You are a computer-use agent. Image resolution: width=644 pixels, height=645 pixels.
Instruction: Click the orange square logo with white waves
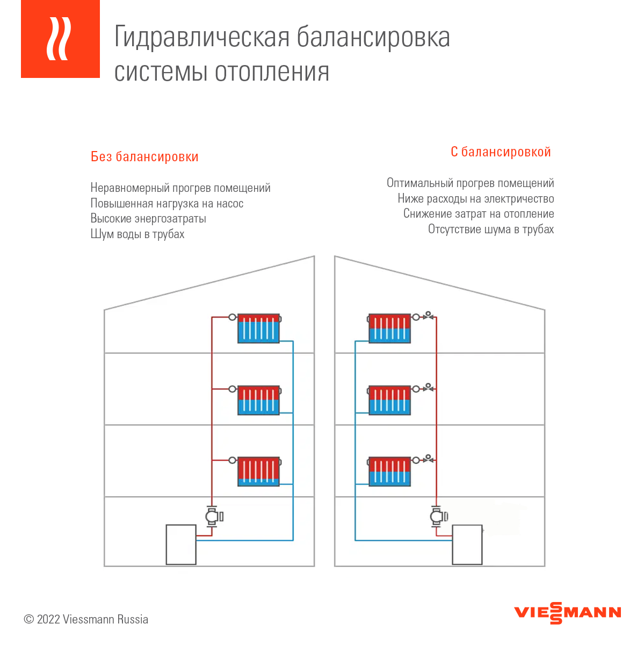tap(60, 39)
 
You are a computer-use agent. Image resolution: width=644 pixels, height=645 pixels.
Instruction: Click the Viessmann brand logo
tap(567, 613)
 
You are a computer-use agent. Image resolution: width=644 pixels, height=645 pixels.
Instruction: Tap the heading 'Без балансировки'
tap(144, 156)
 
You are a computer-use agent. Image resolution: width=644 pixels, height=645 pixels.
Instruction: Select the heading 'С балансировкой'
tap(501, 152)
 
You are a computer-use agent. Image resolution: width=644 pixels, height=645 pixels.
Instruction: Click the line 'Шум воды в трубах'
tap(138, 234)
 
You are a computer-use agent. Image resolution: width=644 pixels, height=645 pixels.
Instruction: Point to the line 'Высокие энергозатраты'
tap(148, 219)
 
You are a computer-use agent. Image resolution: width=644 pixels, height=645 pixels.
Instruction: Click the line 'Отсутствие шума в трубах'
tap(491, 230)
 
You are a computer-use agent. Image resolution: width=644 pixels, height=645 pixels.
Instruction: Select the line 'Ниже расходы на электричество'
tap(476, 198)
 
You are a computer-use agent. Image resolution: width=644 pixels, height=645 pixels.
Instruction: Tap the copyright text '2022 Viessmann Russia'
tap(92, 619)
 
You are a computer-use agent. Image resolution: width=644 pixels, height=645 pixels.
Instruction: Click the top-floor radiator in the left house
tap(259, 328)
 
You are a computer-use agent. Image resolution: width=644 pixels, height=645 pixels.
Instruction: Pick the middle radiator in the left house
tap(259, 400)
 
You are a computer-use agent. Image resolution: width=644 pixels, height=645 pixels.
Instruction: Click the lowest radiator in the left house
tap(259, 471)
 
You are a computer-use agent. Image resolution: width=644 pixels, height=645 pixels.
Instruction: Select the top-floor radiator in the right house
tap(389, 328)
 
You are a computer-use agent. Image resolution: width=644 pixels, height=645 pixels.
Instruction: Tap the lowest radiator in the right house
tap(389, 471)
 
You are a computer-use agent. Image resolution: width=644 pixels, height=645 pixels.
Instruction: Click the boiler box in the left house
tap(181, 544)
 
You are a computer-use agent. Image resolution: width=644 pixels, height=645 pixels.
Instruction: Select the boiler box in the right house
tap(467, 544)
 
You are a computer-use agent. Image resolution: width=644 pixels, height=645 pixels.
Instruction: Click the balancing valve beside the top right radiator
tap(428, 316)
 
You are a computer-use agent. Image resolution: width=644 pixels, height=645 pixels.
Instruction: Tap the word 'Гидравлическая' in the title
tap(202, 38)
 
